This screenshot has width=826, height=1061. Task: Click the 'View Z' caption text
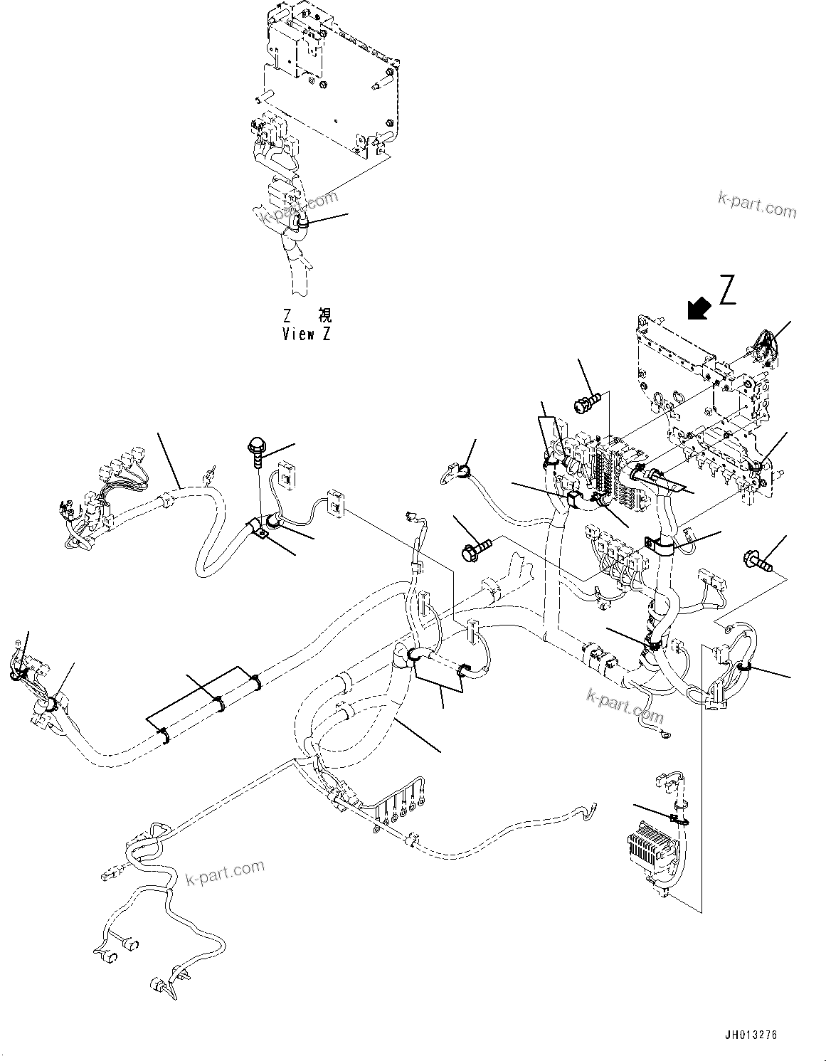click(306, 333)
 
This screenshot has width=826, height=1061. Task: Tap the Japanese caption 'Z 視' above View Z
click(306, 315)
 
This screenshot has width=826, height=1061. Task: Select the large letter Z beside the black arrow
click(726, 290)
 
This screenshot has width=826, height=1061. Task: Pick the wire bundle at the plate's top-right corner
click(760, 347)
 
